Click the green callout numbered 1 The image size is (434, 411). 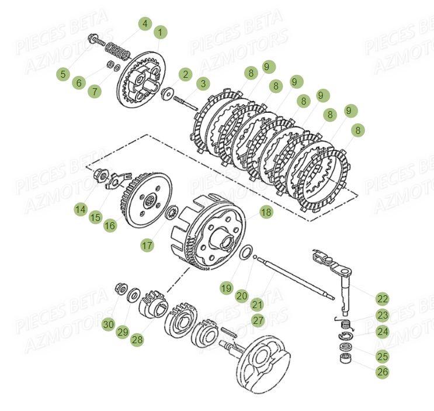tap(160, 32)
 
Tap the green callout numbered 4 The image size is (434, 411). tap(145, 24)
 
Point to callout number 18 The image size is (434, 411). tap(266, 212)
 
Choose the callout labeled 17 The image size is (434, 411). tap(147, 246)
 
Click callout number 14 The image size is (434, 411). tap(80, 209)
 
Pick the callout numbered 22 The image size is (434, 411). tap(382, 299)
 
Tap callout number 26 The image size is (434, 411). tap(382, 371)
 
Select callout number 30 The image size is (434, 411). tap(108, 324)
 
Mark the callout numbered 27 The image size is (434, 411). tap(258, 320)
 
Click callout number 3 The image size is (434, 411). tap(203, 84)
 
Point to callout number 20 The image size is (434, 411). tap(242, 296)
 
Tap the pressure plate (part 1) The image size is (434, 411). tap(141, 82)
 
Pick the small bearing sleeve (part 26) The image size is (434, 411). tap(345, 357)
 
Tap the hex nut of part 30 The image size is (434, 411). tap(119, 287)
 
